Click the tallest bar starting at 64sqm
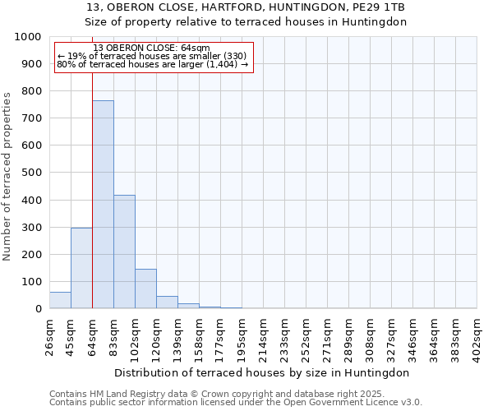pyautogui.click(x=103, y=205)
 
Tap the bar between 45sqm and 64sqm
pyautogui.click(x=81, y=268)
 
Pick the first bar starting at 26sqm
pyautogui.click(x=60, y=300)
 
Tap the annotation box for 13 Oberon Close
pyautogui.click(x=154, y=56)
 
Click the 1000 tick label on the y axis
pyautogui.click(x=28, y=37)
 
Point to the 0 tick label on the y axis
pyautogui.click(x=39, y=309)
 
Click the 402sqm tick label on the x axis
pyautogui.click(x=477, y=336)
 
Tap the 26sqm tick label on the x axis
pyautogui.click(x=49, y=336)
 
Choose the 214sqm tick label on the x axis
pyautogui.click(x=263, y=336)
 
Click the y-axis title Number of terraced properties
pyautogui.click(x=7, y=176)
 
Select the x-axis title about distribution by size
pyautogui.click(x=262, y=372)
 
